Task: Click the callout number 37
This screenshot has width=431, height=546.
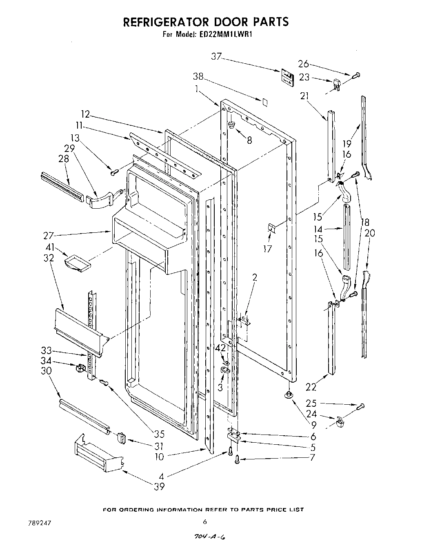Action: (x=216, y=57)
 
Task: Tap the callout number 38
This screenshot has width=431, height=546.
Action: (x=198, y=77)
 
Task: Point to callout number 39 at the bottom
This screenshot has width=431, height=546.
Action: (x=159, y=486)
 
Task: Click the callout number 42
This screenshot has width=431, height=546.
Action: (x=220, y=348)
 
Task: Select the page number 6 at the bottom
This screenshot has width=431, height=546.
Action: (x=205, y=521)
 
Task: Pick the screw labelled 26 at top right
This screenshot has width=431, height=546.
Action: (x=357, y=75)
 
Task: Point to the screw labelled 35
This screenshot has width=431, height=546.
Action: (x=104, y=382)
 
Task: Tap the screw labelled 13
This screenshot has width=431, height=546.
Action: (x=114, y=172)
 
